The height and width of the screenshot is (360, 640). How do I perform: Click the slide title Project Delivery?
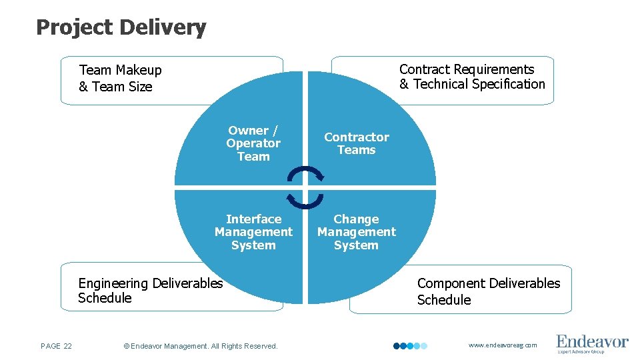[121, 27]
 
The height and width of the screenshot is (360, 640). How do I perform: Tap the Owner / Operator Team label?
[253, 143]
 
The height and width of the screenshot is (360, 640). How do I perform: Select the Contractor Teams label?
[357, 143]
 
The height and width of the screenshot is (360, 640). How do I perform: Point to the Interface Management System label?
[253, 232]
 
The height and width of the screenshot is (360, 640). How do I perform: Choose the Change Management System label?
[356, 232]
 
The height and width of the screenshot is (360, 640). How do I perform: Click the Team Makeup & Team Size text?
[120, 78]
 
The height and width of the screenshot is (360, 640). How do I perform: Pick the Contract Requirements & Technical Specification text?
[472, 77]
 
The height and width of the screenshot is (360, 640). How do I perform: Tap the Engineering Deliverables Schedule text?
[150, 291]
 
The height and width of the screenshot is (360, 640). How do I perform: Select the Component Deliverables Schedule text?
[489, 291]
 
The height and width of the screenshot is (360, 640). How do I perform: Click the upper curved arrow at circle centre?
[305, 173]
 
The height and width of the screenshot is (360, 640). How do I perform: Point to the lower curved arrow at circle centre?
[305, 201]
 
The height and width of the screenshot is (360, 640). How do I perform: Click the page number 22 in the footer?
[57, 345]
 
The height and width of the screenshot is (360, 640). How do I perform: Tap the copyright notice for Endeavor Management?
[201, 346]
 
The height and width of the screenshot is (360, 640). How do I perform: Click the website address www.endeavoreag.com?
[503, 345]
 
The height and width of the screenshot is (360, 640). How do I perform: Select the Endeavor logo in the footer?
[592, 343]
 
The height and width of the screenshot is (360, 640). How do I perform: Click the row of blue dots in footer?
[410, 346]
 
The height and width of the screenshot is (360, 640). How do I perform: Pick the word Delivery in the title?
[164, 27]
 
